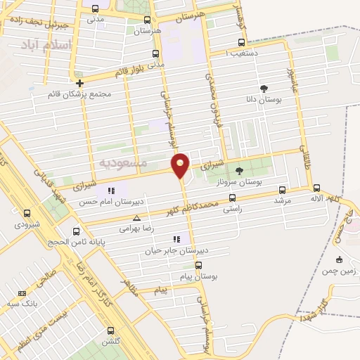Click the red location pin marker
point(181,165)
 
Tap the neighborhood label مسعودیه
point(123,163)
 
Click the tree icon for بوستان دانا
point(264,89)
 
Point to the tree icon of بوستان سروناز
point(239,169)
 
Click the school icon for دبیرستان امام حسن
point(110,191)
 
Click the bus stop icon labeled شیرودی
point(27,213)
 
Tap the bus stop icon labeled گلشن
point(110,330)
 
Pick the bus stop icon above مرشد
point(283,189)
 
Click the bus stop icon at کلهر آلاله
point(316,188)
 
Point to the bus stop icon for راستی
point(232,198)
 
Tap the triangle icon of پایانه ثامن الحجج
point(77,230)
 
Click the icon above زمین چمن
point(340,259)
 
